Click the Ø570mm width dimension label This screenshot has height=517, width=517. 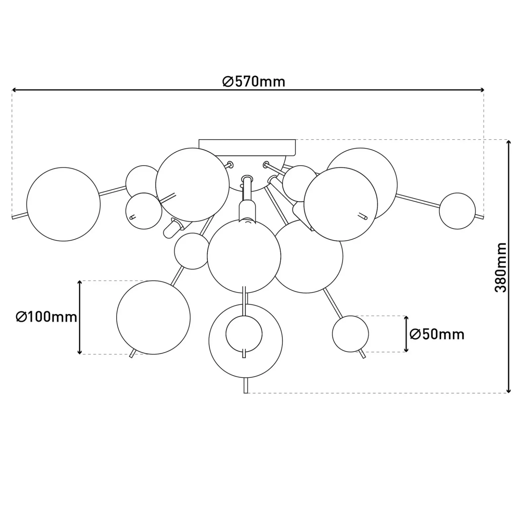[254, 81]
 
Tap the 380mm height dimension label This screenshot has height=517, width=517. [500, 268]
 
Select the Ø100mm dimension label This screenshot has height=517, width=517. [46, 317]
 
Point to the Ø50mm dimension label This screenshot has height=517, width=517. [437, 334]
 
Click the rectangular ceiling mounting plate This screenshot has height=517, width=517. [247, 147]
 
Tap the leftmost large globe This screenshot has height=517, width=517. [63, 204]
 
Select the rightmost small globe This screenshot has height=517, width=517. [457, 211]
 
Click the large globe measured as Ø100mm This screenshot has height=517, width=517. [153, 317]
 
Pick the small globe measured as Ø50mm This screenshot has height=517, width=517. [350, 334]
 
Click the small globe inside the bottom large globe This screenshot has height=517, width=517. [244, 334]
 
